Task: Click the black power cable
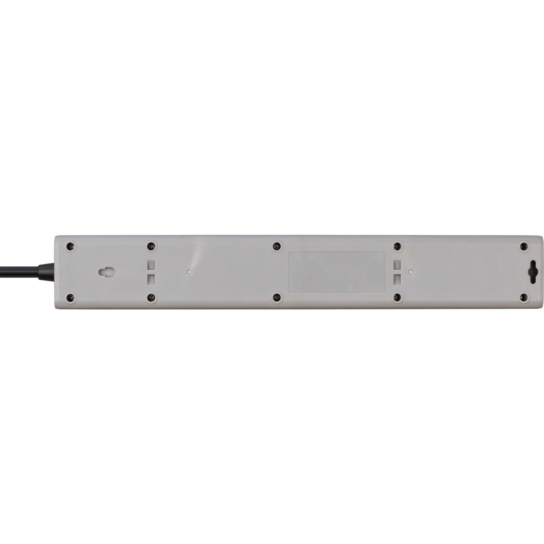pyautogui.click(x=17, y=272)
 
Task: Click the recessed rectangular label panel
pyautogui.click(x=337, y=271)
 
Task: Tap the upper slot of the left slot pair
pyautogui.click(x=152, y=265)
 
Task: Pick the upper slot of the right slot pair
pyautogui.click(x=398, y=265)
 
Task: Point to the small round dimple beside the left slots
pyautogui.click(x=188, y=271)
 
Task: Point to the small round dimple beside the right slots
pyautogui.click(x=410, y=271)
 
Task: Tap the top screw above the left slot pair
pyautogui.click(x=151, y=246)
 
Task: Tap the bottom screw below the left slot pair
pyautogui.click(x=151, y=297)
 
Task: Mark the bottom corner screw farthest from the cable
pyautogui.click(x=524, y=297)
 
